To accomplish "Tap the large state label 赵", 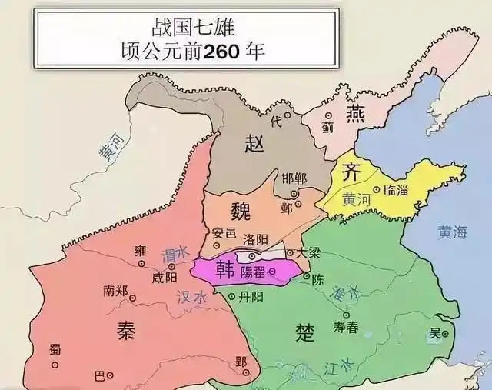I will click(x=254, y=142).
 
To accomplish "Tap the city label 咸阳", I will click(x=165, y=276).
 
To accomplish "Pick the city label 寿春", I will click(x=345, y=326).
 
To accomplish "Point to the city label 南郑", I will click(x=117, y=291).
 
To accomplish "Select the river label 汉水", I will click(x=192, y=297).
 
